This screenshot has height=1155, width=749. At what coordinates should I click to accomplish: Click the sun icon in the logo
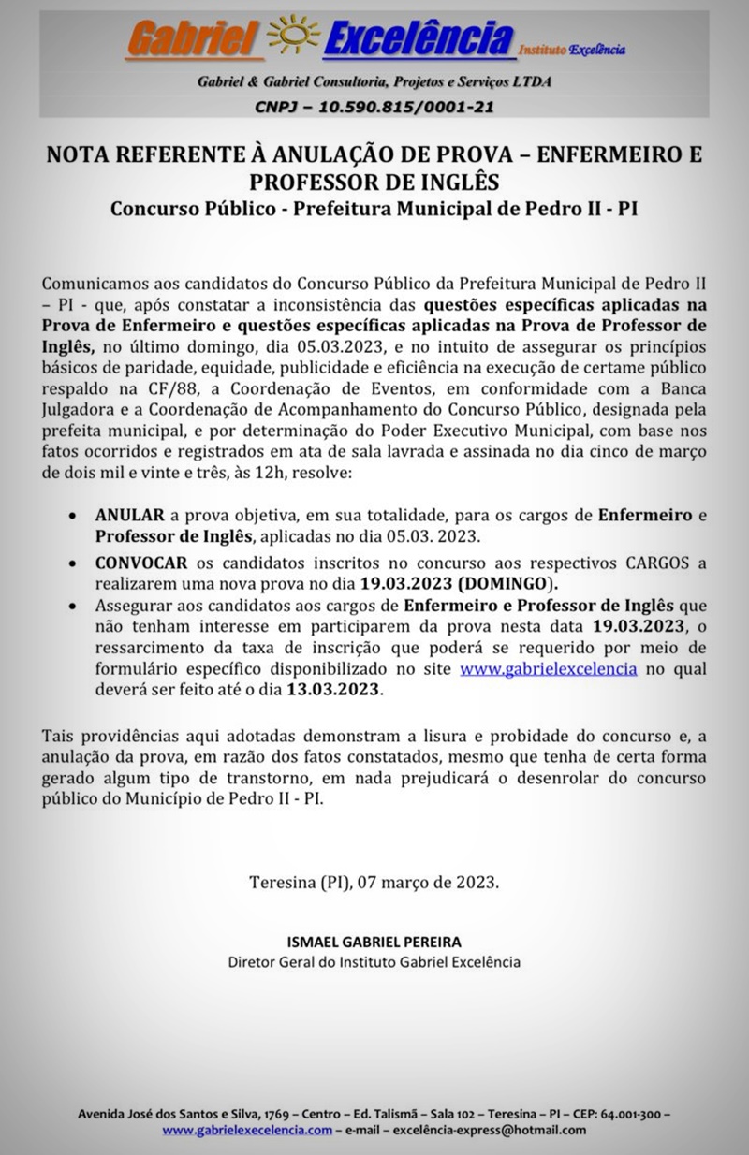tap(294, 38)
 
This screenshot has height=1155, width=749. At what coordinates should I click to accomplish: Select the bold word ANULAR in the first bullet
tap(130, 515)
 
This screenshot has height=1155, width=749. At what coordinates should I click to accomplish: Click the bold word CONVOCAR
tap(141, 562)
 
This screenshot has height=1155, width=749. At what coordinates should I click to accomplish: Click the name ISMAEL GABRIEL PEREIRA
tap(374, 942)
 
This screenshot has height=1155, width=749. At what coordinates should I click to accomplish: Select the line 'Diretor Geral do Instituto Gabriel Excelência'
tap(374, 962)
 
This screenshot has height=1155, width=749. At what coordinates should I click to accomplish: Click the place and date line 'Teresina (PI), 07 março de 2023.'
tap(374, 882)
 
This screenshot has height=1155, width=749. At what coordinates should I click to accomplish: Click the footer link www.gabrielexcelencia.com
tap(247, 1130)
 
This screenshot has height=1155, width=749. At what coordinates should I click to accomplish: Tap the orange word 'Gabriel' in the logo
tap(193, 40)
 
